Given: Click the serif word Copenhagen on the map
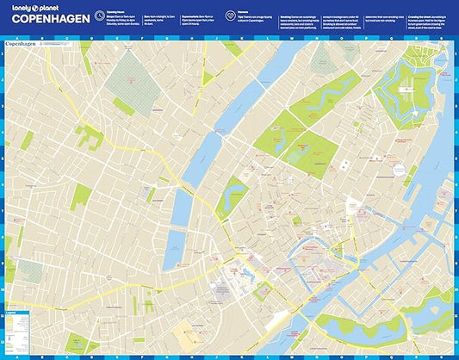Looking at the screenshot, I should click(24, 41).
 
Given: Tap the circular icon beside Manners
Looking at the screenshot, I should click(230, 16).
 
